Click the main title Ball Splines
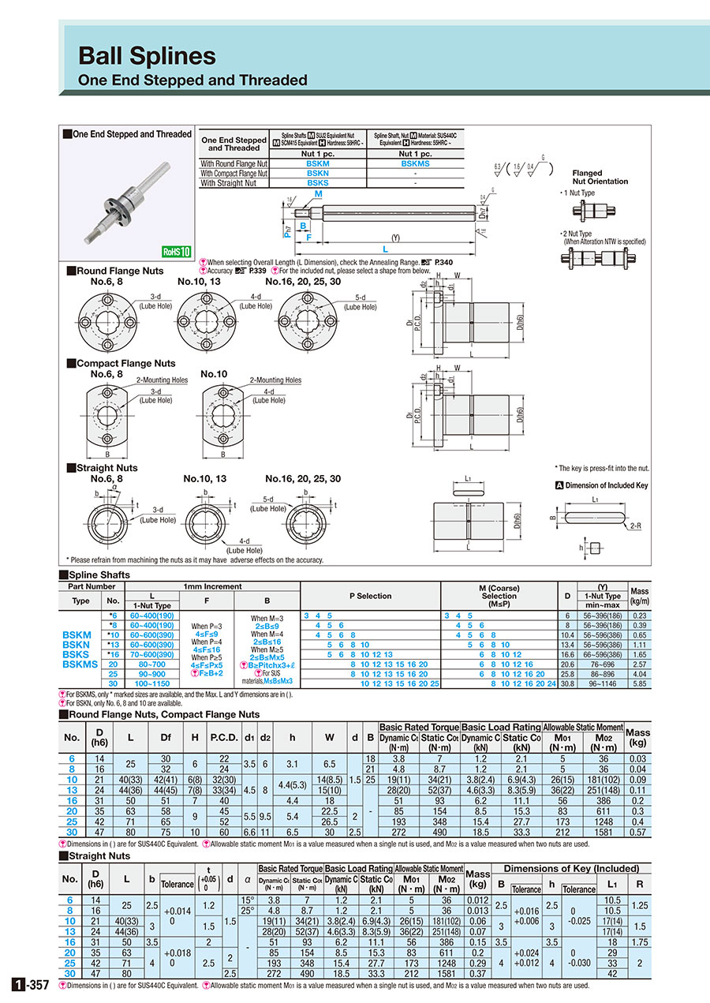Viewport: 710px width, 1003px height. [x=147, y=55]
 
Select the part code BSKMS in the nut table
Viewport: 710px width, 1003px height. [x=415, y=163]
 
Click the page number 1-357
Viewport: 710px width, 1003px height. [x=32, y=985]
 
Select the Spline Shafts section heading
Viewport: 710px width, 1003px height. [x=99, y=575]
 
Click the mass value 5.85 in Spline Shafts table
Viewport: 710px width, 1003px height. [x=639, y=683]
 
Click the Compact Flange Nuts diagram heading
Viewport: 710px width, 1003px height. [x=125, y=364]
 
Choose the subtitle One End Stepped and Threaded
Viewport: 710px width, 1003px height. [x=192, y=80]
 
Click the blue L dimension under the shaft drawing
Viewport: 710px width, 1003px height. [x=384, y=249]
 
